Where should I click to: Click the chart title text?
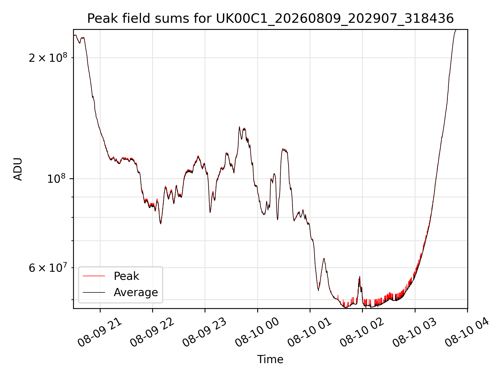(270, 19)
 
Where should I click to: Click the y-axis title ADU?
(18, 169)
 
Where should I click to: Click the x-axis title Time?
(270, 359)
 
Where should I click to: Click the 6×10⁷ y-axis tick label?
(48, 267)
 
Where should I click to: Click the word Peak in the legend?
(126, 276)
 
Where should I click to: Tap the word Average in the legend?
(136, 292)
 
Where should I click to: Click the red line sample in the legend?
(94, 276)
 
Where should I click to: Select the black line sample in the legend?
(94, 292)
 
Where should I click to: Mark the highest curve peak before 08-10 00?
(239, 127)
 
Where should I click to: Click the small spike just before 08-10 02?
(359, 276)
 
